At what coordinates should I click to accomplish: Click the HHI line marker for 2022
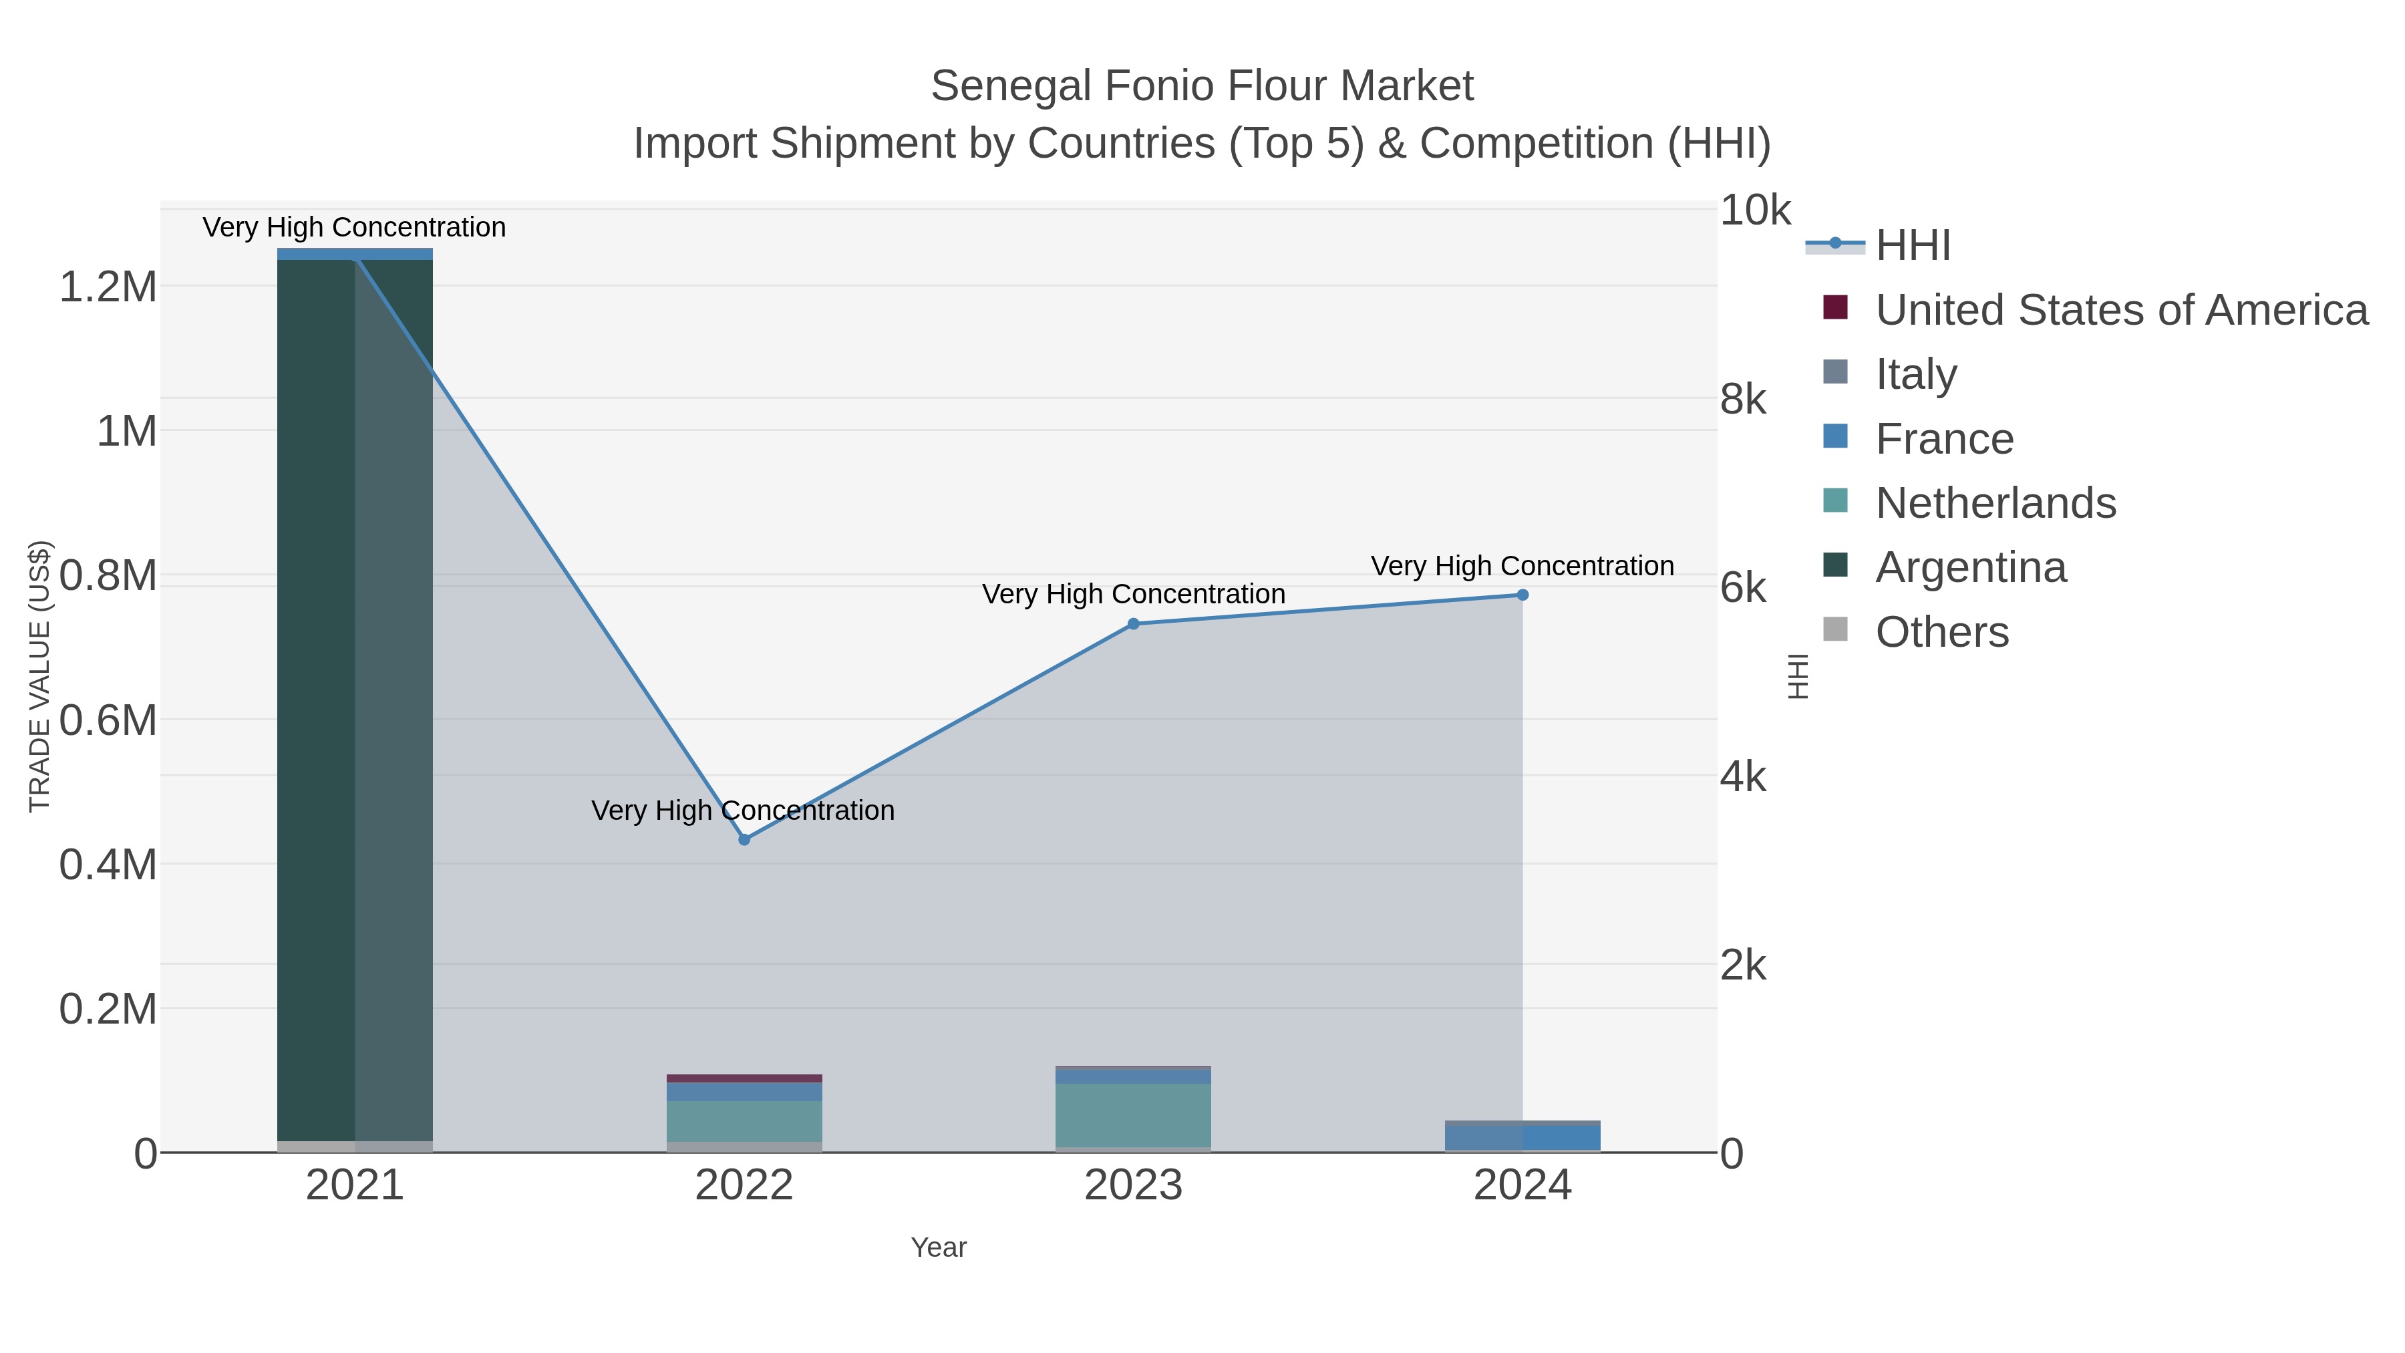[744, 839]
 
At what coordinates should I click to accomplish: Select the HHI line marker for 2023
[1134, 624]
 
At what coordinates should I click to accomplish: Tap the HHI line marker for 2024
[1522, 595]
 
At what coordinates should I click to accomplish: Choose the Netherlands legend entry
[1995, 503]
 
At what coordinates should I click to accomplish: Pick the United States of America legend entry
[2121, 310]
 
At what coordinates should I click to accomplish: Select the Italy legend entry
[1916, 374]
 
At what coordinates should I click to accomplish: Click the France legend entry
[1944, 439]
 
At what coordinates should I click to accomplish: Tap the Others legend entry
[1942, 632]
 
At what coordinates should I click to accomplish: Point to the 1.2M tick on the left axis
[108, 287]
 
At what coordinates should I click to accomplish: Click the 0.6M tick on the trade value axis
[108, 720]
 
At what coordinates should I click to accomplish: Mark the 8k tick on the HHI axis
[1743, 400]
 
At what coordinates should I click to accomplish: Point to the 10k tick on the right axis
[1755, 211]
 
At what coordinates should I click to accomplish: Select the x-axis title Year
[939, 1247]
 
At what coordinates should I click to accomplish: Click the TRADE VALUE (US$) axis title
[39, 676]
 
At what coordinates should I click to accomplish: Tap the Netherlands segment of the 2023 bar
[1134, 1115]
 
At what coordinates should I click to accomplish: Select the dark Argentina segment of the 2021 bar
[315, 700]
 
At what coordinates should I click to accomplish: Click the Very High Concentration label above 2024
[1522, 566]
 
